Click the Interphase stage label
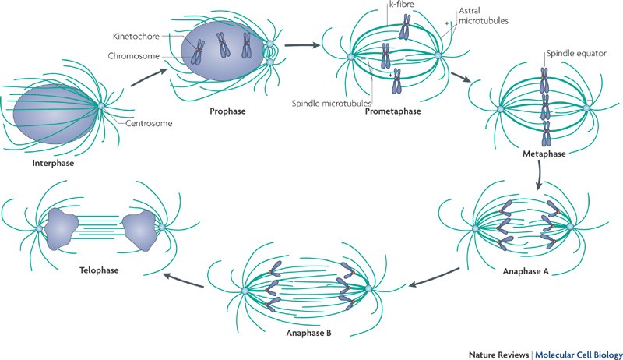pyautogui.click(x=48, y=164)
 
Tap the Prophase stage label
pyautogui.click(x=227, y=111)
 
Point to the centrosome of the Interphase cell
pyautogui.click(x=100, y=105)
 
